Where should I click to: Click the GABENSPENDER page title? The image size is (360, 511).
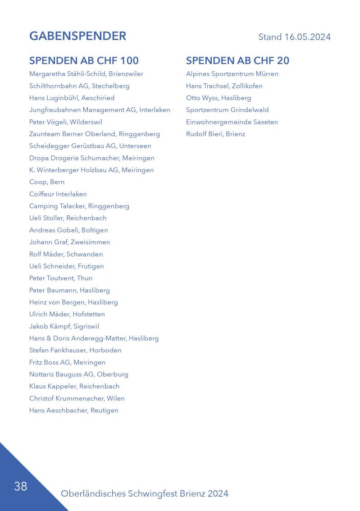coord(77,36)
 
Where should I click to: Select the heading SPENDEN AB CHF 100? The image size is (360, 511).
coord(84,60)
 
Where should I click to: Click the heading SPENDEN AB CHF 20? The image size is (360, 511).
coord(237,60)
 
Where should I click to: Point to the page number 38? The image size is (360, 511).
coord(21,486)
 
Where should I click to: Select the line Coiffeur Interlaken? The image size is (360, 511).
coord(58,194)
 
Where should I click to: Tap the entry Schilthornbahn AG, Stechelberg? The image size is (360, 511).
coord(79,86)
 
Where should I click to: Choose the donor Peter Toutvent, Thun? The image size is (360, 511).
coord(61,278)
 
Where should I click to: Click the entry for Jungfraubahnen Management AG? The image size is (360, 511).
coord(100,110)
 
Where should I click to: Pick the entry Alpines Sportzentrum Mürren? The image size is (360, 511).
coord(232,74)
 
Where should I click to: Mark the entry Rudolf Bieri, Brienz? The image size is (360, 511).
coord(215,134)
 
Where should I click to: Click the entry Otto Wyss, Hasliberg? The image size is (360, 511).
coord(219,98)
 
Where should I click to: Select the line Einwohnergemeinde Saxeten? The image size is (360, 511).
coord(232,122)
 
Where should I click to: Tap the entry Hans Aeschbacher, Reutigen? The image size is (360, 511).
coord(74,411)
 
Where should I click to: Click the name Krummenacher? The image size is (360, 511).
coord(78,398)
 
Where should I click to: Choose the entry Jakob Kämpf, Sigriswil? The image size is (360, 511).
coord(64,326)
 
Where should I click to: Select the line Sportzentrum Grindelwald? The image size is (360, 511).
coord(227,110)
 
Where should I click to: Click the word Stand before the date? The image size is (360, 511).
coord(270,37)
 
